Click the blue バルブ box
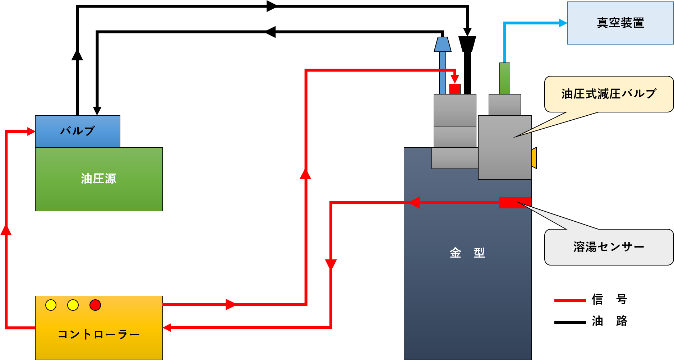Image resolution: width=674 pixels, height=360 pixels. (78, 131)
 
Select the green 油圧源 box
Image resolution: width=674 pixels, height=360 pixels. (99, 179)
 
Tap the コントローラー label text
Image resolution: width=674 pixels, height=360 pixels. (99, 334)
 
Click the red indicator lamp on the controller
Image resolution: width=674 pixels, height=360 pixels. (95, 305)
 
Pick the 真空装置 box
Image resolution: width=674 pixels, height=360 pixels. (620, 23)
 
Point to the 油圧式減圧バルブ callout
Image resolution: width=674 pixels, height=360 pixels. (609, 94)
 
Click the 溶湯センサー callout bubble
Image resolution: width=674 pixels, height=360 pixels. (609, 247)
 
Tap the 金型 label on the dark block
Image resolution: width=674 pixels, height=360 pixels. (467, 253)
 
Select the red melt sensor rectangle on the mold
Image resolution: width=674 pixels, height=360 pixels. (515, 202)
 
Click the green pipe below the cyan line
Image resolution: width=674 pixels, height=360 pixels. (505, 78)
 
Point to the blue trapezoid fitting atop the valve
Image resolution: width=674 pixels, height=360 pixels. (443, 44)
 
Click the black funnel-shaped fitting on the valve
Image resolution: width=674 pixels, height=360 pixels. (467, 44)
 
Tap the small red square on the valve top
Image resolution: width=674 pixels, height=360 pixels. (455, 89)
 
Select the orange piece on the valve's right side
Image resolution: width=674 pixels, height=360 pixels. (534, 158)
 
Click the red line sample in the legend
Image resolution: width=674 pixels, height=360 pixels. (570, 300)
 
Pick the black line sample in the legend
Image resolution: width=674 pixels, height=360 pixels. (570, 322)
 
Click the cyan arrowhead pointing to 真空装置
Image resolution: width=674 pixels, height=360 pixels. (563, 23)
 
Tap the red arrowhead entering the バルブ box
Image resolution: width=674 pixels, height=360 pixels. (31, 131)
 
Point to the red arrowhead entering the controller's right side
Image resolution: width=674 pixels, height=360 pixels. (167, 327)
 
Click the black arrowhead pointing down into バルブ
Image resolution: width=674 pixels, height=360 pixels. (97, 111)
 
